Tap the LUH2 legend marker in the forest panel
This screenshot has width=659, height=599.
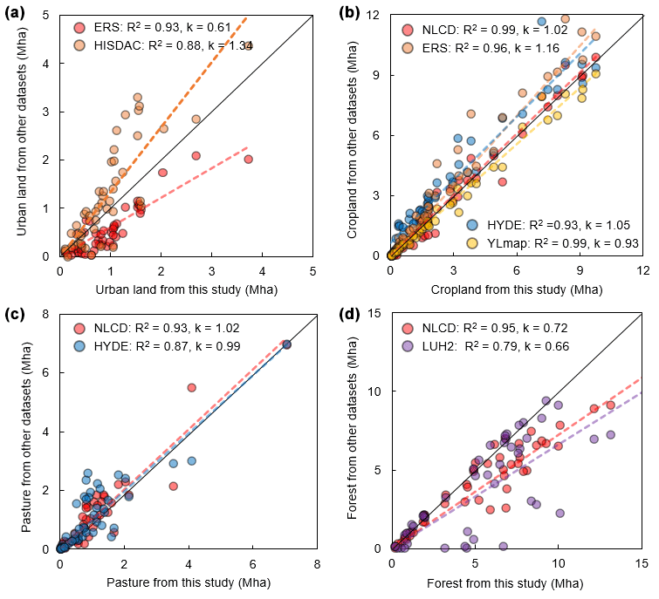(409, 345)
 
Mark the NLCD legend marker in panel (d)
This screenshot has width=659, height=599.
(409, 328)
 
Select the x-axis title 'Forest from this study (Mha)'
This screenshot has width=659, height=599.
(516, 582)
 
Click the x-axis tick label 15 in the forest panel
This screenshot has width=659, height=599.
(642, 564)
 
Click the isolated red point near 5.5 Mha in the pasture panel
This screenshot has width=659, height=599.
(191, 387)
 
